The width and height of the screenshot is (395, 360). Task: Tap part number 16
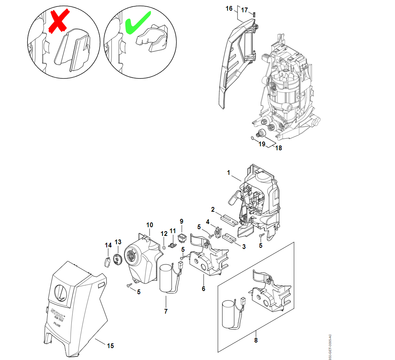pyautogui.click(x=229, y=8)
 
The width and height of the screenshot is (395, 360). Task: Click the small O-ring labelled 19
pyautogui.click(x=252, y=138)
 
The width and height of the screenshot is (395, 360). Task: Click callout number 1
pyautogui.click(x=229, y=172)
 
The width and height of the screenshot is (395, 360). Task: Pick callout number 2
pyautogui.click(x=213, y=209)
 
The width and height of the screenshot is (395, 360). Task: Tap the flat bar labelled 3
pyautogui.click(x=230, y=237)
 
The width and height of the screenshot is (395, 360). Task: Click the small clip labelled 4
pyautogui.click(x=218, y=230)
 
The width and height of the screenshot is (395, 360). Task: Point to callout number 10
pyautogui.click(x=150, y=225)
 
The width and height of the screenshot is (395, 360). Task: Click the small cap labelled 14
pyautogui.click(x=107, y=262)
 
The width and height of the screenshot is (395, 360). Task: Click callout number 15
pyautogui.click(x=111, y=346)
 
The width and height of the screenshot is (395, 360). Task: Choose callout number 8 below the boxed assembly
pyautogui.click(x=256, y=340)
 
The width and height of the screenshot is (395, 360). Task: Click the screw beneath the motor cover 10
pyautogui.click(x=128, y=285)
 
